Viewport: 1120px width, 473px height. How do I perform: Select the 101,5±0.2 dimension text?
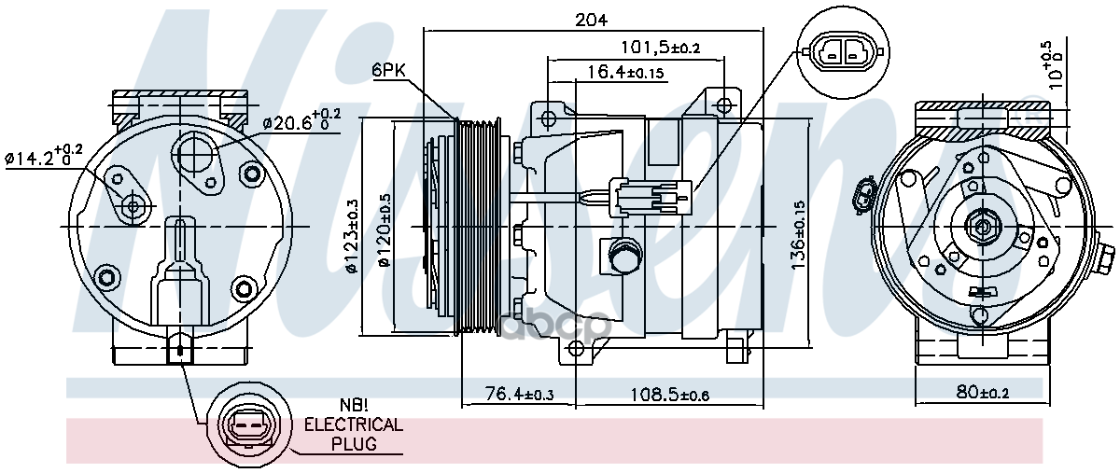click(661, 47)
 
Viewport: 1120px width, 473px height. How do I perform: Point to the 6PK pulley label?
click(388, 70)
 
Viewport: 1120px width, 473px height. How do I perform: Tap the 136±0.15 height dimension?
click(796, 232)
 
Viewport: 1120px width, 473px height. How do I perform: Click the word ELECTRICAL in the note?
click(354, 424)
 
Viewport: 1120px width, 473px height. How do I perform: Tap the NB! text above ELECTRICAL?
click(352, 406)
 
